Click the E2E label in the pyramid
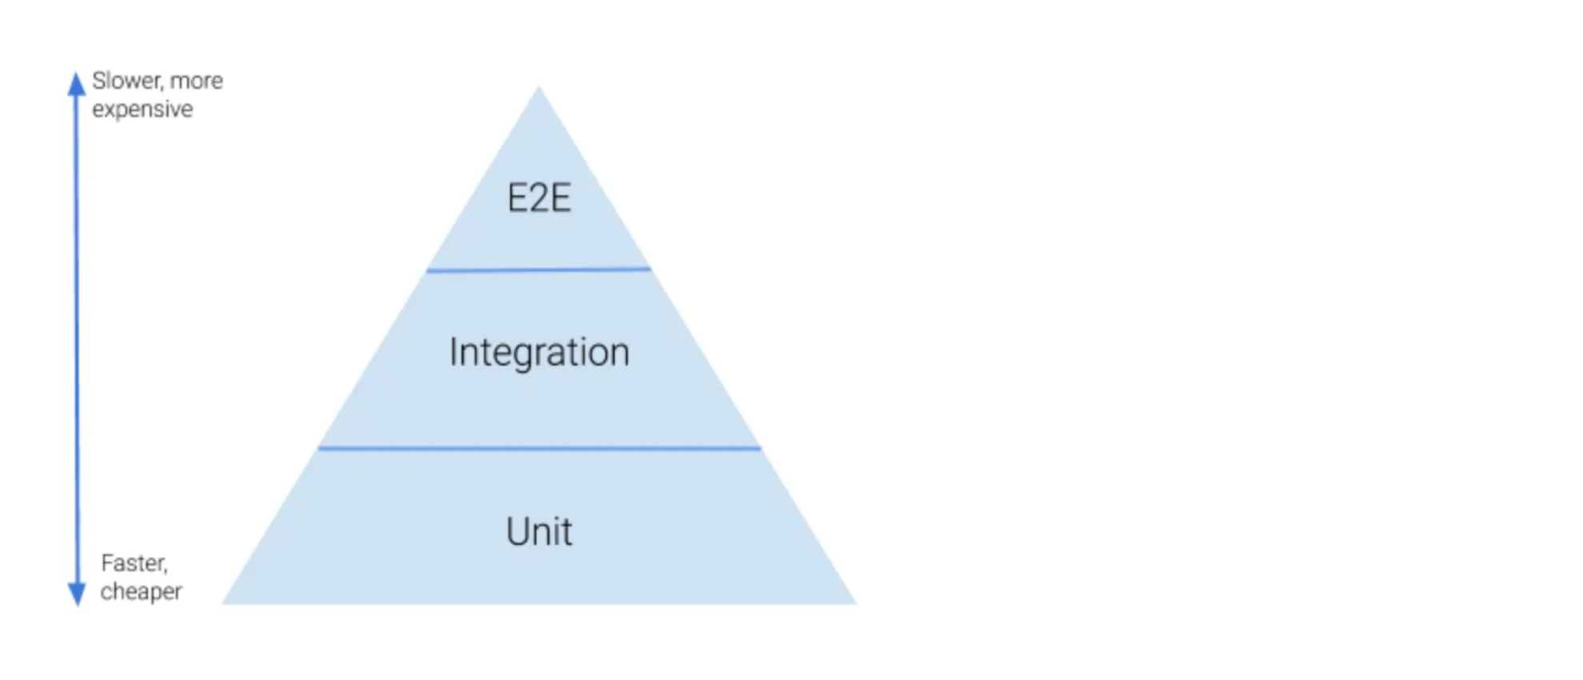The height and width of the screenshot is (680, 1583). click(539, 198)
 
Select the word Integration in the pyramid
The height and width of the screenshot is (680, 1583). click(539, 352)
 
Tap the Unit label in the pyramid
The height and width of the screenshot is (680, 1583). click(539, 531)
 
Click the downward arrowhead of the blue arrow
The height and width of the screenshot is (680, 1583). click(77, 594)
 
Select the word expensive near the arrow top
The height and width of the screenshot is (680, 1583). click(142, 109)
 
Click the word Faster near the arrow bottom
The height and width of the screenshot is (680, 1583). click(134, 563)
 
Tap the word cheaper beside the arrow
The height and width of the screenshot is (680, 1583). click(141, 591)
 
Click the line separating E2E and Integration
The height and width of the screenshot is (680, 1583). click(539, 270)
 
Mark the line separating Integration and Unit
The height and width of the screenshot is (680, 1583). click(539, 448)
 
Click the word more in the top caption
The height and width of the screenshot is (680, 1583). click(197, 81)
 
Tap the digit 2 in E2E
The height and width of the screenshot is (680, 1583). click(539, 198)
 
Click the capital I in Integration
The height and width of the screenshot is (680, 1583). click(453, 352)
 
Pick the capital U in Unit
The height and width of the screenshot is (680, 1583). click(517, 531)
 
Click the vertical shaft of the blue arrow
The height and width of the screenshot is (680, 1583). click(77, 336)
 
